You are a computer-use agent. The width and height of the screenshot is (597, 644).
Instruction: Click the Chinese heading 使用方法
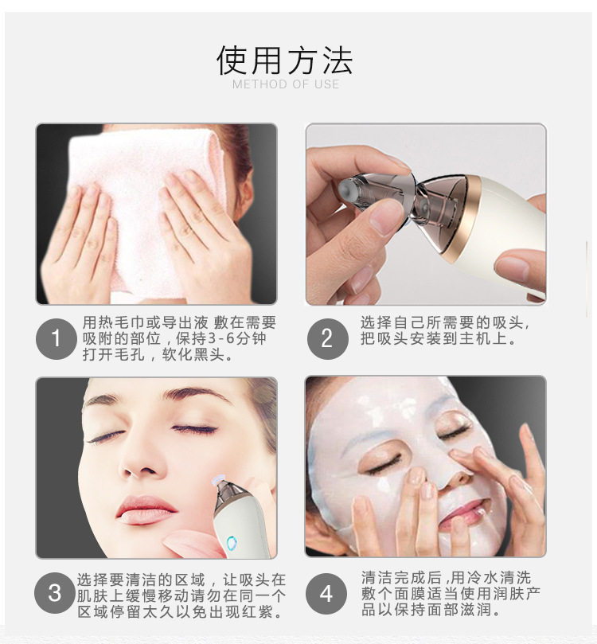tap(284, 60)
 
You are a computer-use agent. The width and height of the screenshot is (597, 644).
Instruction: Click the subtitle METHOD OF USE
tap(286, 84)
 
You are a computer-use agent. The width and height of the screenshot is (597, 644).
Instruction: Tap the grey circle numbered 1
tap(57, 339)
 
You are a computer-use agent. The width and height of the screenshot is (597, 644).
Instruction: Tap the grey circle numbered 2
tap(327, 339)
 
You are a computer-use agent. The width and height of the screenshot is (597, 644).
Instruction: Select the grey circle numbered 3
tap(55, 593)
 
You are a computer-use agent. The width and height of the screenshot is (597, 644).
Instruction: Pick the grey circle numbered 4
tap(326, 594)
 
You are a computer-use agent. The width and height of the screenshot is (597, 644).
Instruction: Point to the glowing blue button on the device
tap(232, 544)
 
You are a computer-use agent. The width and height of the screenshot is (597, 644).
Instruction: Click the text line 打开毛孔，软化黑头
tap(158, 354)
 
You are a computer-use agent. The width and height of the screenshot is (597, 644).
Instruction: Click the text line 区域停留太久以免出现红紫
tap(180, 611)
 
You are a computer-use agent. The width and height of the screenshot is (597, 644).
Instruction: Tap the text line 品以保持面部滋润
tap(431, 609)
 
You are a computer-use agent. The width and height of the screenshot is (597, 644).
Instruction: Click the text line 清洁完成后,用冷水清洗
tap(447, 578)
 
